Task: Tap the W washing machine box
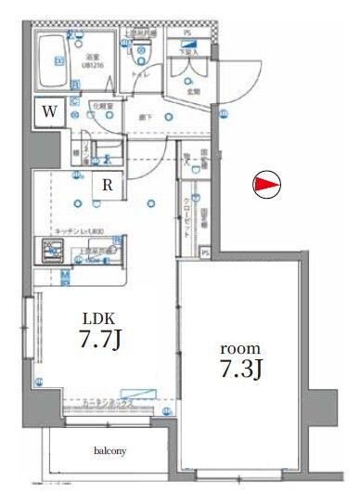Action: (x=49, y=111)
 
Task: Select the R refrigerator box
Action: (x=109, y=185)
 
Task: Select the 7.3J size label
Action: (x=238, y=370)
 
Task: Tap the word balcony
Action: (x=110, y=452)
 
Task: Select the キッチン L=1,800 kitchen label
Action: (x=84, y=231)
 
